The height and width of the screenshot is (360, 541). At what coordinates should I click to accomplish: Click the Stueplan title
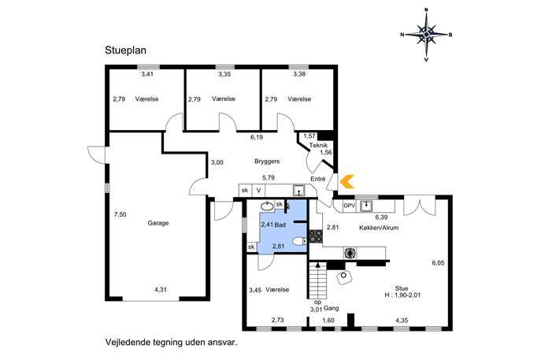click(125, 50)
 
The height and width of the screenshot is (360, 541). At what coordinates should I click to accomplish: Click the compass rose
click(426, 34)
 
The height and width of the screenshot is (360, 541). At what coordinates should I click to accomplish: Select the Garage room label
click(158, 223)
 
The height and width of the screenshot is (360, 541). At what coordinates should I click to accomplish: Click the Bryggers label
click(268, 161)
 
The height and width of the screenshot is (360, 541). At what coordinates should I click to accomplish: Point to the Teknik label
click(318, 145)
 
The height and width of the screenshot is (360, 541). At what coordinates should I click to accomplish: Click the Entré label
click(318, 180)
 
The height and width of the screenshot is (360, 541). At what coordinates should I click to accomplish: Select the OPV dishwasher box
click(349, 206)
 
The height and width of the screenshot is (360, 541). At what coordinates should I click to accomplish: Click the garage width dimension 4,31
click(161, 290)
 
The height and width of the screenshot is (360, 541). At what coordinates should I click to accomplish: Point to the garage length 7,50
click(120, 214)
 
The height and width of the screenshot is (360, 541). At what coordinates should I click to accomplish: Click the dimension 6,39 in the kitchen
click(382, 217)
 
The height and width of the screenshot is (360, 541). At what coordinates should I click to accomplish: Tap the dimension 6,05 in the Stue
click(438, 263)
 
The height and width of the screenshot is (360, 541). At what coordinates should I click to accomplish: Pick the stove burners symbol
click(317, 235)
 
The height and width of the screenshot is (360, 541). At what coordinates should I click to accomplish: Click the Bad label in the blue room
click(280, 224)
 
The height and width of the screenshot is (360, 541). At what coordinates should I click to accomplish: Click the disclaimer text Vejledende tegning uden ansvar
click(171, 343)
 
